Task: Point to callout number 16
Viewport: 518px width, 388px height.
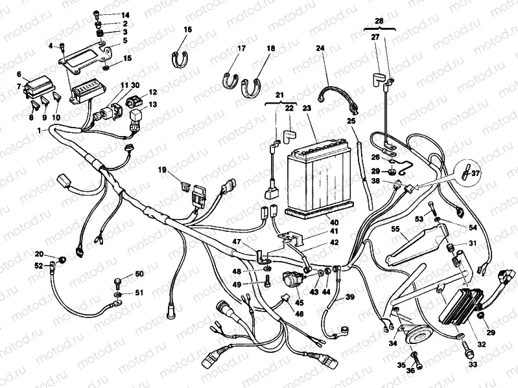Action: tap(187, 30)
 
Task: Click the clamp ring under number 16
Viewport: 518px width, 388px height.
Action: tap(183, 59)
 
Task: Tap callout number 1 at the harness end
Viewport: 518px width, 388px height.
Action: tap(40, 131)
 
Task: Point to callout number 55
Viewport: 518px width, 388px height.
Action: tap(395, 229)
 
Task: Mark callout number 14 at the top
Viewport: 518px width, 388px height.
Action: tap(125, 14)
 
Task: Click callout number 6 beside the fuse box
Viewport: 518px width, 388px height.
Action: tap(19, 74)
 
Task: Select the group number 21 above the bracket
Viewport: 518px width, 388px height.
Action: tap(280, 95)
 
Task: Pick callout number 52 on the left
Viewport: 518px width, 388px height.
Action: tap(39, 266)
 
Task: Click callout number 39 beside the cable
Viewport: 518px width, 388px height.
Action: tap(349, 297)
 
